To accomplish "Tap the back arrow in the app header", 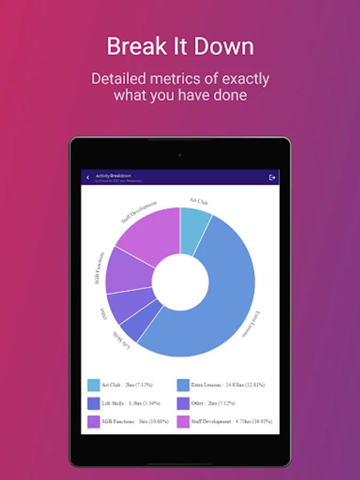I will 88,178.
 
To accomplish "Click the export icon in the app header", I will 273,177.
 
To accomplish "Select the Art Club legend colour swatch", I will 93,385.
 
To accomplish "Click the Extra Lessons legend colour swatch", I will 183,385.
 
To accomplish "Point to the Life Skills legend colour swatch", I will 93,403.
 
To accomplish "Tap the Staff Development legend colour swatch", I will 183,422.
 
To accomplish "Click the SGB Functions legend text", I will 135,421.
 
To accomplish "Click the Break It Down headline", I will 180,46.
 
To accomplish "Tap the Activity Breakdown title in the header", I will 113,175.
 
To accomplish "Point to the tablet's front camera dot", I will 180,155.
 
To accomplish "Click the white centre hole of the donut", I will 180,282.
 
